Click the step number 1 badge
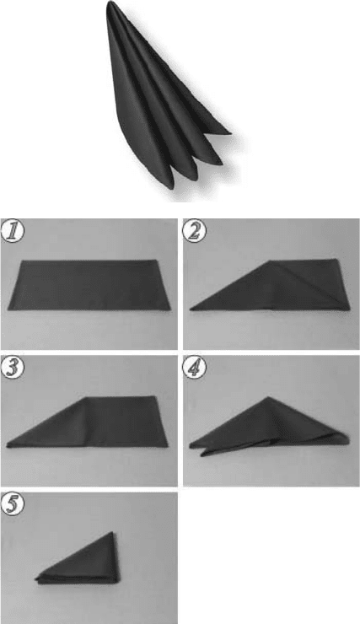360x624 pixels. click(x=13, y=231)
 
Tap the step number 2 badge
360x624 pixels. click(x=194, y=231)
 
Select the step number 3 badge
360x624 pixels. click(x=13, y=368)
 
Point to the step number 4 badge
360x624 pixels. click(x=194, y=368)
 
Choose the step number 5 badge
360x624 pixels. click(x=13, y=504)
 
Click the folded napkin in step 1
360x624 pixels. click(x=89, y=285)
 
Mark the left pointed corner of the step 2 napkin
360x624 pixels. click(x=191, y=309)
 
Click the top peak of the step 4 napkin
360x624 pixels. click(x=268, y=397)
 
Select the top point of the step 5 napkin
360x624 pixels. click(x=113, y=532)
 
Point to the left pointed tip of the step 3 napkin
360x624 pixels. click(x=7, y=446)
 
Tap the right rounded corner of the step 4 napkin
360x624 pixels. click(x=348, y=439)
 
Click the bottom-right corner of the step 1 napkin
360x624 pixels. click(x=169, y=309)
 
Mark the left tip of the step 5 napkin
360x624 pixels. click(x=35, y=578)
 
